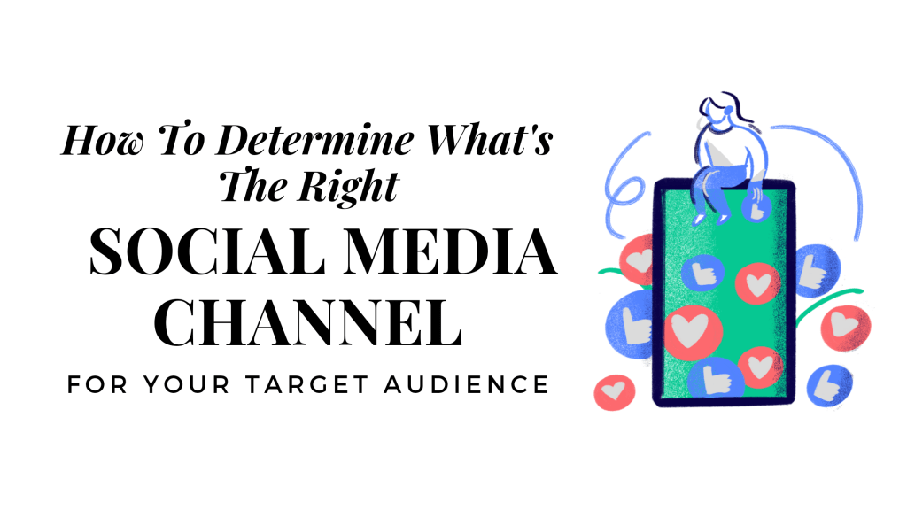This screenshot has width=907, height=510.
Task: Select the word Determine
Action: [315, 140]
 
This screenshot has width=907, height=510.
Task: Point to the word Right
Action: [348, 188]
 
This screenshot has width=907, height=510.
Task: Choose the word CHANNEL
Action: [308, 322]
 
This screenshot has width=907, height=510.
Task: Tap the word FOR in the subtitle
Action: [97, 384]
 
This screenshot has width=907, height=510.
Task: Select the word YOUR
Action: [186, 384]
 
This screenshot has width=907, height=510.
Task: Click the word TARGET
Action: [307, 384]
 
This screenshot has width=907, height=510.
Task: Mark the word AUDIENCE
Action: [466, 384]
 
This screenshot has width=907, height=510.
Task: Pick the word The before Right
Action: [253, 186]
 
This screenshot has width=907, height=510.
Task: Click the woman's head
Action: [719, 112]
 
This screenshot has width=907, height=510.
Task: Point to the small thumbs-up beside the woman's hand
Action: [756, 209]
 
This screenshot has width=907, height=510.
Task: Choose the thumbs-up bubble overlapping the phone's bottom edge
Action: [716, 379]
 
